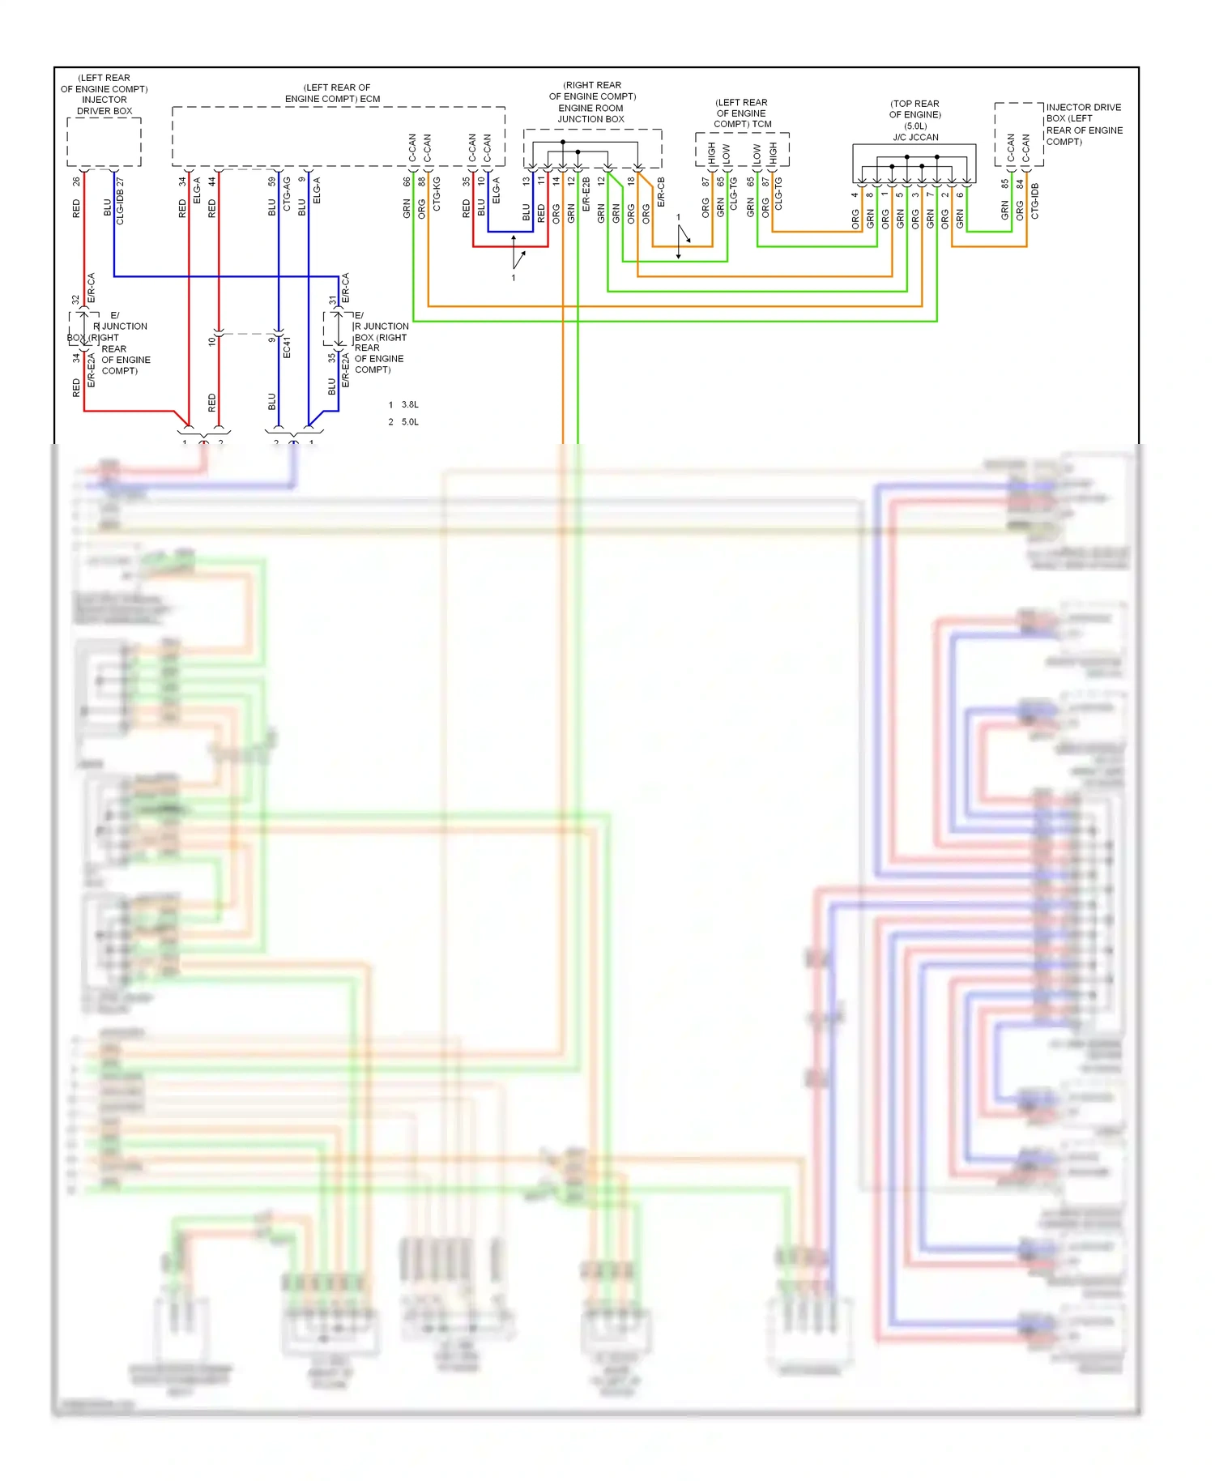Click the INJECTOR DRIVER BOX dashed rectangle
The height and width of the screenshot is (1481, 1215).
click(104, 143)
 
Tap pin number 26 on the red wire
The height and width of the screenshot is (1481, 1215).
click(76, 181)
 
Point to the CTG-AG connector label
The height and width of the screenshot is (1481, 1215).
click(286, 194)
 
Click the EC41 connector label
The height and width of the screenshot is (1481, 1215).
click(287, 348)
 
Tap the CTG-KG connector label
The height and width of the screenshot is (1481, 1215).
click(437, 194)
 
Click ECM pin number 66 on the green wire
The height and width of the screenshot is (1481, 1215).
click(407, 182)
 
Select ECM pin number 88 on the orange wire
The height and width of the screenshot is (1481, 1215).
click(421, 182)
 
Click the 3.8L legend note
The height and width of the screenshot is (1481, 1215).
click(410, 404)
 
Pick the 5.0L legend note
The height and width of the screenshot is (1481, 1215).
click(410, 422)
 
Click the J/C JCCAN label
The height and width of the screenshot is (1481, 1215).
click(915, 137)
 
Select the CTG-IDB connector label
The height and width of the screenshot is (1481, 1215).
click(1034, 201)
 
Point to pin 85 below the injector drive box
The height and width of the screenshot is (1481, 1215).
click(1004, 184)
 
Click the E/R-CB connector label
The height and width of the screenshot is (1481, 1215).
click(661, 192)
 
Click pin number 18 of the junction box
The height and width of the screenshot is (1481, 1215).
click(631, 181)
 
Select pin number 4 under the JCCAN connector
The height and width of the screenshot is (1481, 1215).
click(855, 194)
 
